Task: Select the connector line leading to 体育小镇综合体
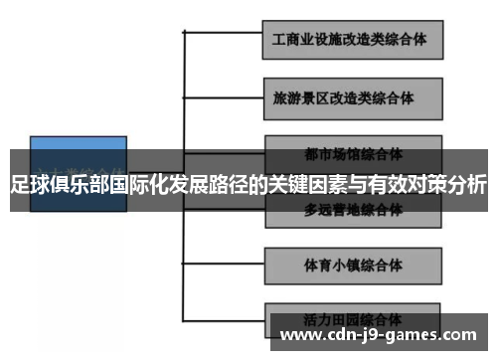click(x=224, y=267)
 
